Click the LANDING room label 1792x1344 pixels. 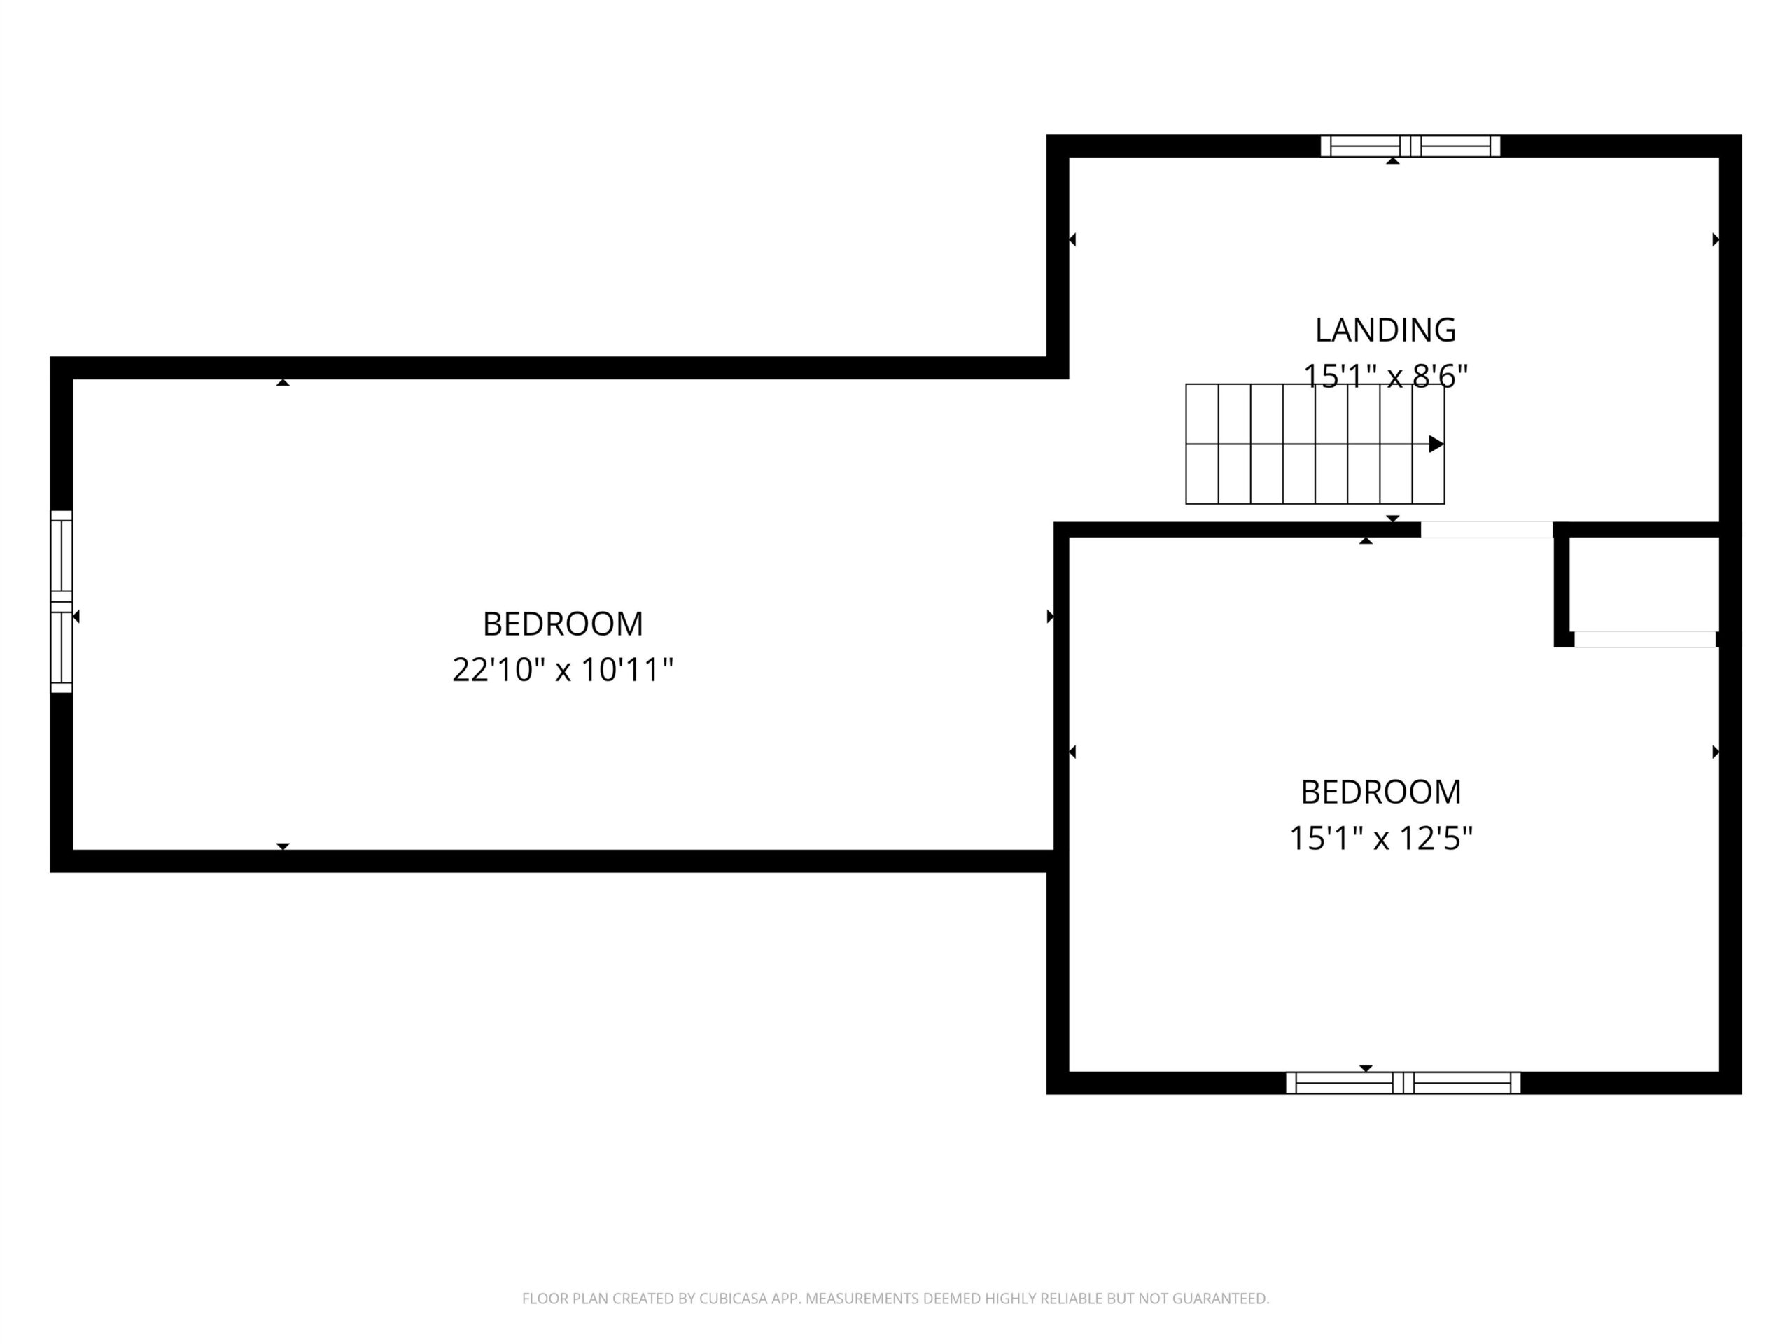1385,330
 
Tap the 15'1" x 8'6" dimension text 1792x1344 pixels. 1385,376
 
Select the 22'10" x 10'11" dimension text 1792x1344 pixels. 563,670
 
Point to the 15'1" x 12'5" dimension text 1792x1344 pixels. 1381,838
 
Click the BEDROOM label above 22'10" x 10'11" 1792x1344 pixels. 563,624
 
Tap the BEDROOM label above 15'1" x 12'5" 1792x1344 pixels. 1381,792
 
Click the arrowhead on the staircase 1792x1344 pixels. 1436,444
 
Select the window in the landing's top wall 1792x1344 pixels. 1410,146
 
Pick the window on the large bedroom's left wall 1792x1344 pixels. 62,602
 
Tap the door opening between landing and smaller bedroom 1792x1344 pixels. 1487,530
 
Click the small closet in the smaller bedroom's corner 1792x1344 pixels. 1644,584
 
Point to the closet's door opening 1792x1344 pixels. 1644,639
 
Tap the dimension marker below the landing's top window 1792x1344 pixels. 1392,160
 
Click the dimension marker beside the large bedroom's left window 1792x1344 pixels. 76,617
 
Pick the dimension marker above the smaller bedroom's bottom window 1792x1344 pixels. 1366,1067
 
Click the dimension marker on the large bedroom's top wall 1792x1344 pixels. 283,381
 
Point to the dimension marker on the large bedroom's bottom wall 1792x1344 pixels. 283,846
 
